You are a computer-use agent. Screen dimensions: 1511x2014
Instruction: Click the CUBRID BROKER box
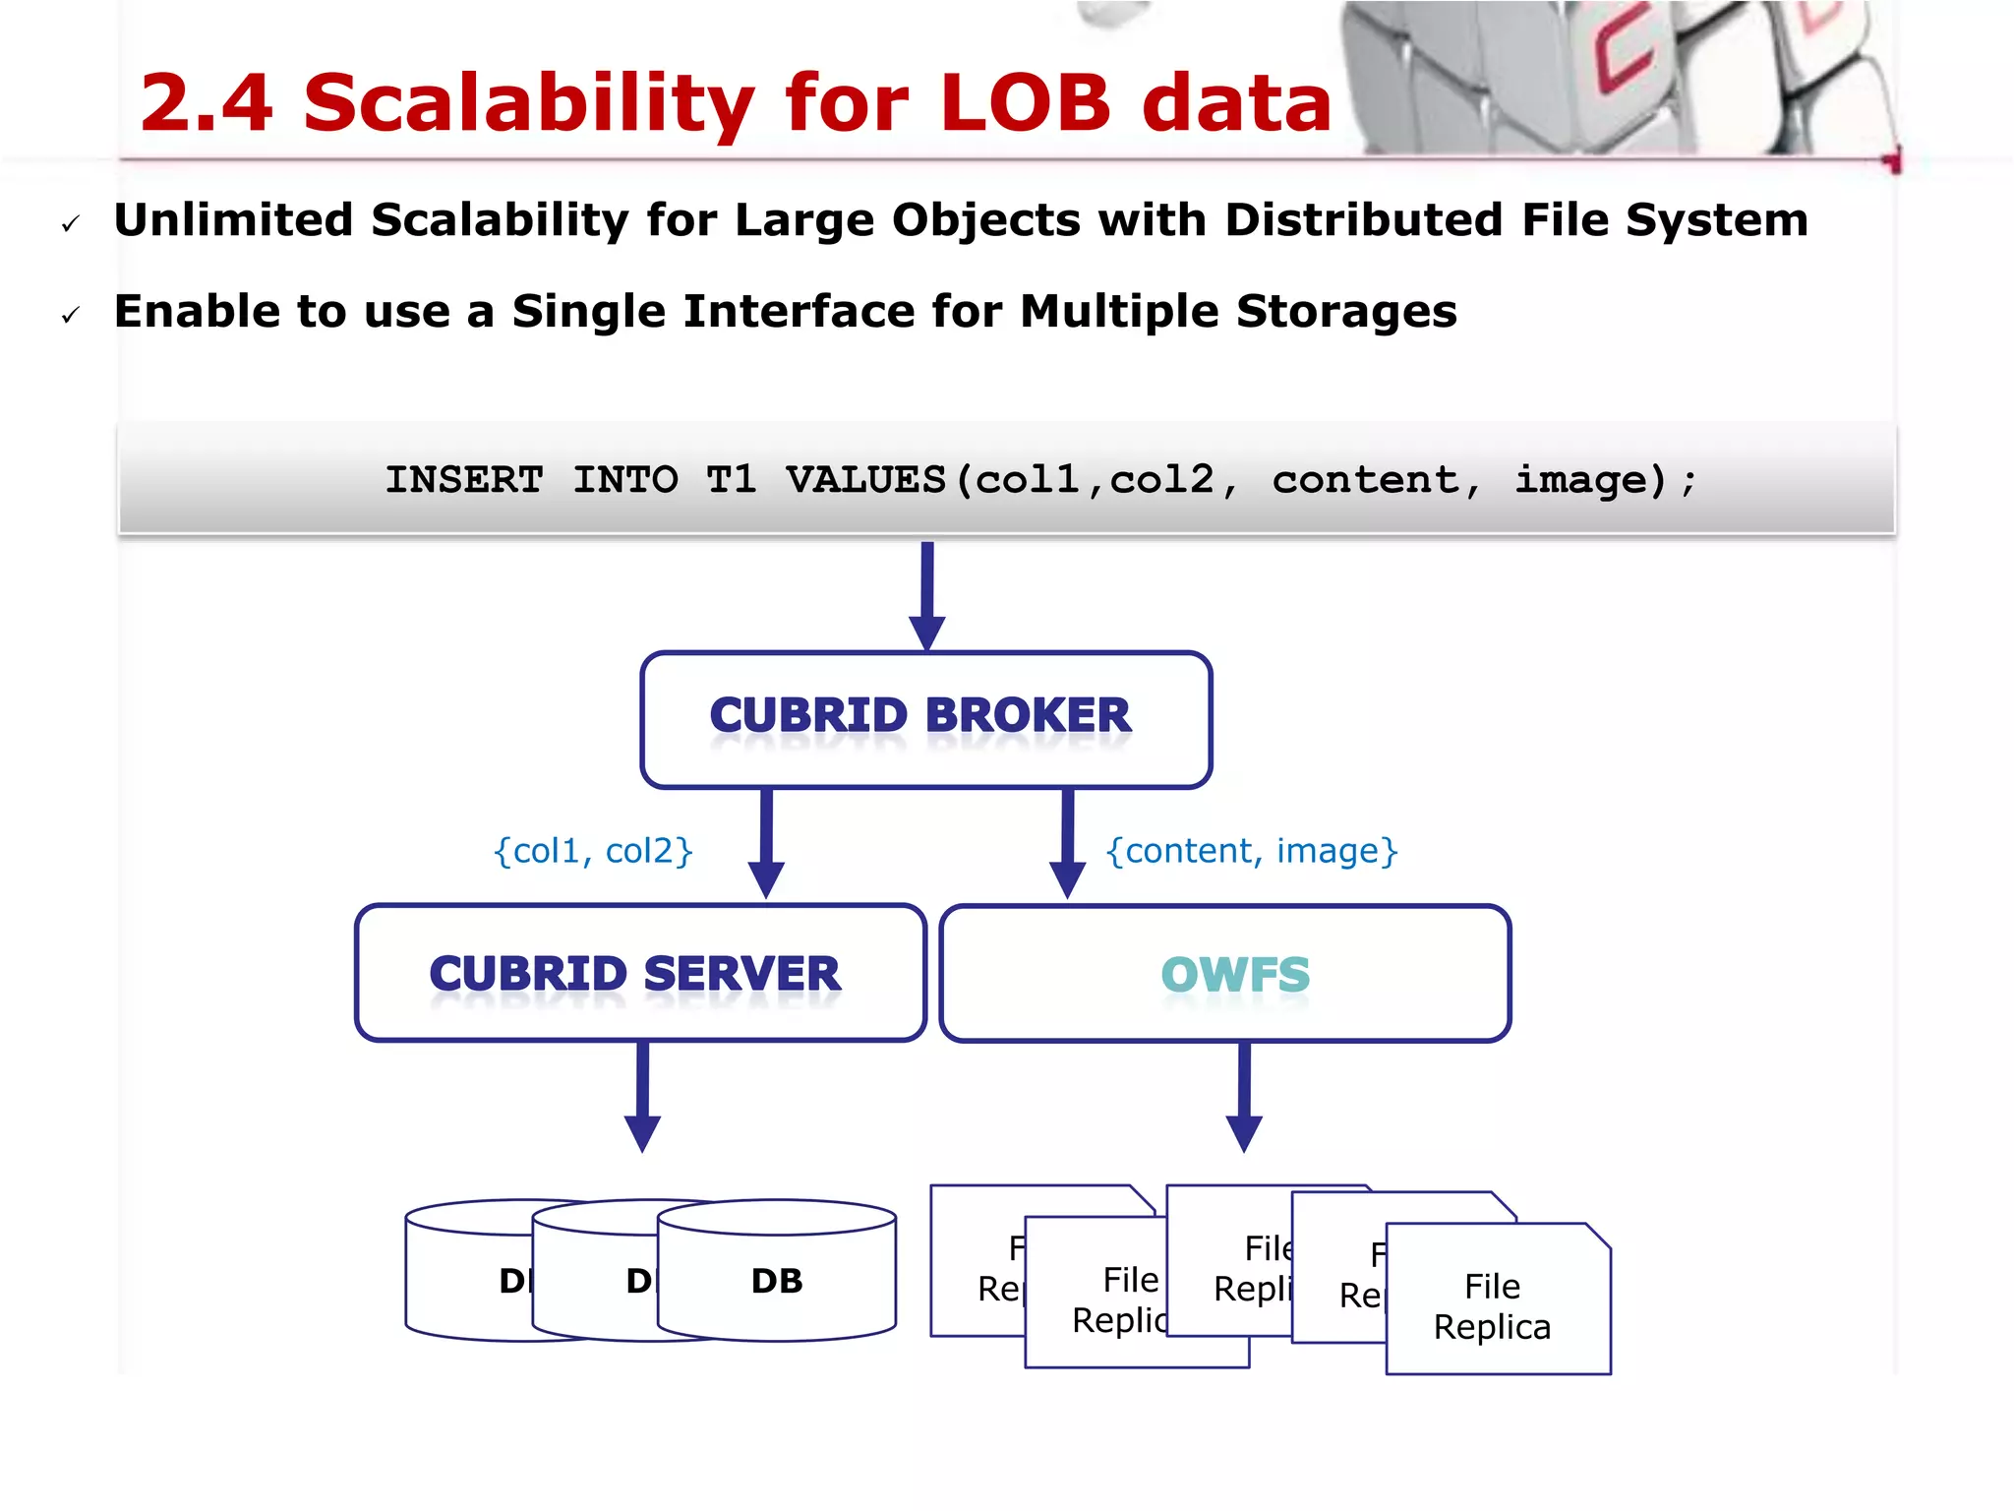pyautogui.click(x=925, y=718)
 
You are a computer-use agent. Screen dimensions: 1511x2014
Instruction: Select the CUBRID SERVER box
pyautogui.click(x=639, y=973)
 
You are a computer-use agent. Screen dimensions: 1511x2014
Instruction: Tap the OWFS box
pyautogui.click(x=1224, y=973)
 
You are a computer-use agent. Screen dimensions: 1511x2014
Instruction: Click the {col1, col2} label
pyautogui.click(x=593, y=851)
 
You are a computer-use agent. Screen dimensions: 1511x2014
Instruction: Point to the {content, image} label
pyautogui.click(x=1251, y=851)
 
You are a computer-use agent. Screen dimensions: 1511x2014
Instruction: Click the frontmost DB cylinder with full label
pyautogui.click(x=777, y=1279)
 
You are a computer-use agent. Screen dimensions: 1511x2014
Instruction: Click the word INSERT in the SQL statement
pyautogui.click(x=463, y=480)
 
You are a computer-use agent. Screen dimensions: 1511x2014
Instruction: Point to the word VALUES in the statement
pyautogui.click(x=865, y=480)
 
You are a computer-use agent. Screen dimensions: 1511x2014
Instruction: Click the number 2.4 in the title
pyautogui.click(x=207, y=103)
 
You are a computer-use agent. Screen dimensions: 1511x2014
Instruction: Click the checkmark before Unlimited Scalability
pyautogui.click(x=71, y=224)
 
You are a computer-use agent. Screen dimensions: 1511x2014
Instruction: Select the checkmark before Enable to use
pyautogui.click(x=71, y=315)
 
